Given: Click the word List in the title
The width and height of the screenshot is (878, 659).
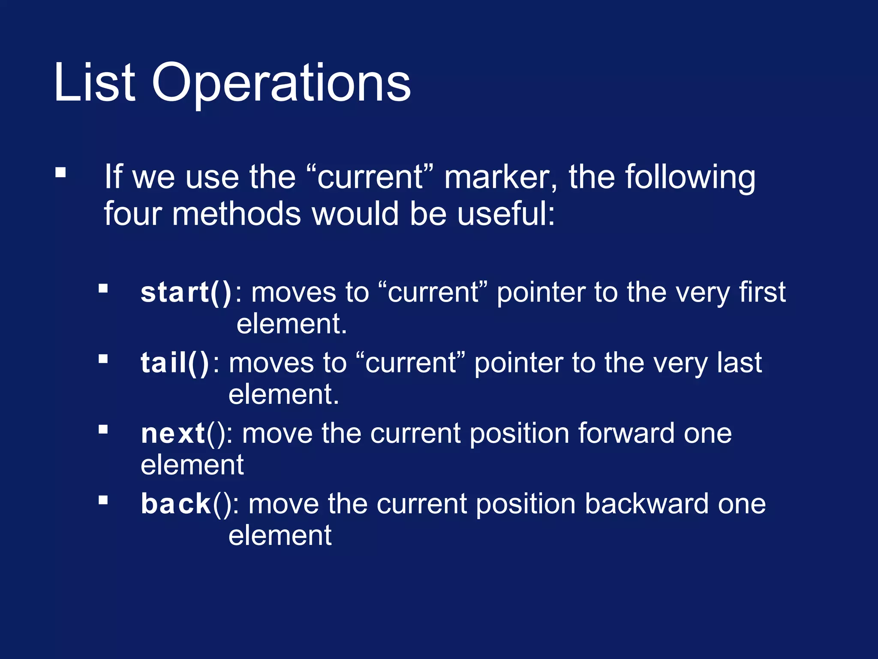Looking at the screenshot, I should tap(94, 82).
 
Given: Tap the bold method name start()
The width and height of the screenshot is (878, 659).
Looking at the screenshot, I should tap(186, 293).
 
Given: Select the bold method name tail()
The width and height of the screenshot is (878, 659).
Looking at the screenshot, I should tap(175, 363).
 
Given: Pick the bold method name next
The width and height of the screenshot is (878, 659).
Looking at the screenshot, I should tap(173, 433).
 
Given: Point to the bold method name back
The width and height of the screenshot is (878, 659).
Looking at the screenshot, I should tap(176, 504).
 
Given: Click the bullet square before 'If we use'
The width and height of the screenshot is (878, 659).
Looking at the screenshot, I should tap(60, 172).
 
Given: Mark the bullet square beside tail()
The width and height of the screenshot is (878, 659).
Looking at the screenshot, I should tap(103, 359).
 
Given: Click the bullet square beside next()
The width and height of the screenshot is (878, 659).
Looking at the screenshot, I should tap(103, 429).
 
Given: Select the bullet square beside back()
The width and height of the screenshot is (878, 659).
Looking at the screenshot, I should tap(103, 500).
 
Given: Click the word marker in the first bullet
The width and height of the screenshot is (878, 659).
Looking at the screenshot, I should tap(500, 177).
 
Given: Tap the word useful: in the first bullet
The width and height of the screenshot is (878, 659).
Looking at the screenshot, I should tap(506, 214).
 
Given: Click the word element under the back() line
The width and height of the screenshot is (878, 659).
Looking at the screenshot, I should tap(280, 535).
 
